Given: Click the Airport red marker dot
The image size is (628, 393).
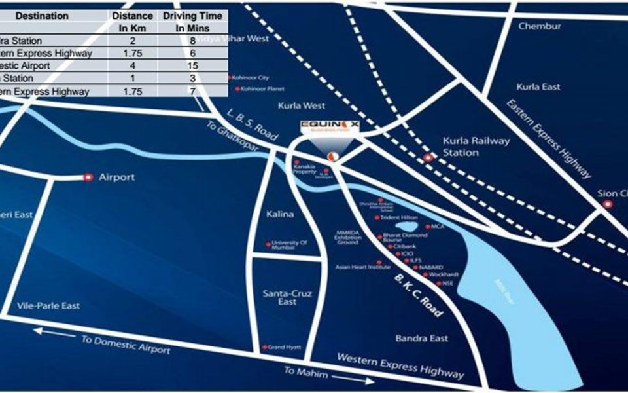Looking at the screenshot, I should point(88,177).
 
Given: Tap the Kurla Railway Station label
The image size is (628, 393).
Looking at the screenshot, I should point(467,147).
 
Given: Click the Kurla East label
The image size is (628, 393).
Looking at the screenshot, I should point(538,86).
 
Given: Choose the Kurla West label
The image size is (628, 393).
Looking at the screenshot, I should point(302,105).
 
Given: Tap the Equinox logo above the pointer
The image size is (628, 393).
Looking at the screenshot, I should point(331,124).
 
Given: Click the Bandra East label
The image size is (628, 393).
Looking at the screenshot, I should point(422,338).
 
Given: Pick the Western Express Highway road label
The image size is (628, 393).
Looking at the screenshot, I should point(400,365).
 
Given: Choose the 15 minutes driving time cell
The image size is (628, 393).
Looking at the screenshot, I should point(192,65).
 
